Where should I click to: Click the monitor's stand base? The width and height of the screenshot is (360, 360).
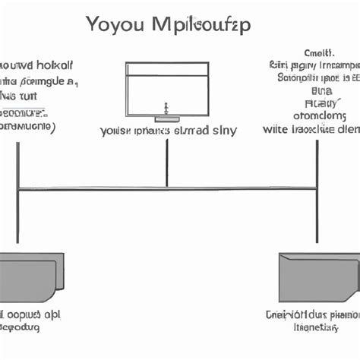pos(166,118)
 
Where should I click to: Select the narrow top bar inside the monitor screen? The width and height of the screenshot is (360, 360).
pos(166,69)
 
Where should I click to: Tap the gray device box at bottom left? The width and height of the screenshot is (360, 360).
pos(30,276)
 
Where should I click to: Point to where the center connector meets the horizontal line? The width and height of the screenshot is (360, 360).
pos(166,188)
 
